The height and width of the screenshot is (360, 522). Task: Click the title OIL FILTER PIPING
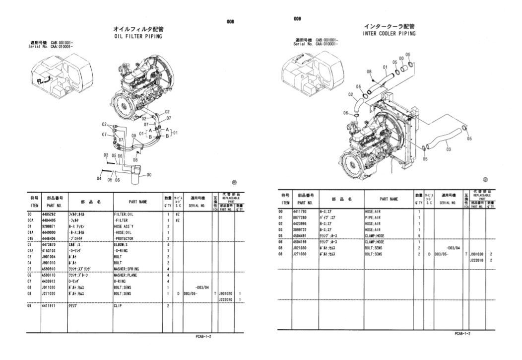[x=138, y=36]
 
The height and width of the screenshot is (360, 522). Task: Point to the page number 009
[x=298, y=18]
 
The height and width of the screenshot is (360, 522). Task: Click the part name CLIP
[x=118, y=306]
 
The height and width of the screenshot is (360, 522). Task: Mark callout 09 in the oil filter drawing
[x=133, y=135]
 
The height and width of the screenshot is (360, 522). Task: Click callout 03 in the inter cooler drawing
[x=448, y=148]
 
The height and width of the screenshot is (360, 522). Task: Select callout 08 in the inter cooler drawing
[x=369, y=72]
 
